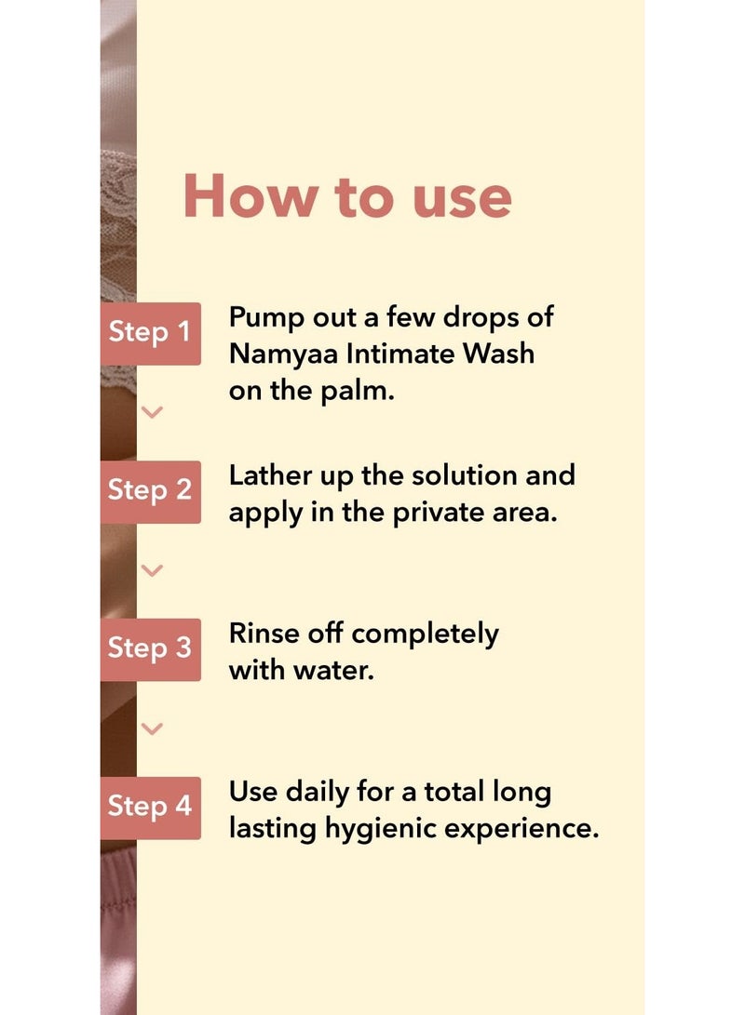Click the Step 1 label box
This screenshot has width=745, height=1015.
pos(150,333)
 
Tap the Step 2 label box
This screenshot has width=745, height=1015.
pos(150,491)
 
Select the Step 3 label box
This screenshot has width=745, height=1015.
pos(150,649)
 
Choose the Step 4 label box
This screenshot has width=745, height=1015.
pos(150,808)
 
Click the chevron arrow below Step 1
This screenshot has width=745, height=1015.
pos(152,412)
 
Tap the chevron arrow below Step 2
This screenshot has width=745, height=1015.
pos(152,570)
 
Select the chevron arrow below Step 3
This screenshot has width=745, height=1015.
pos(152,728)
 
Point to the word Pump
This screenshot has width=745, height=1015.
pos(266,319)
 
